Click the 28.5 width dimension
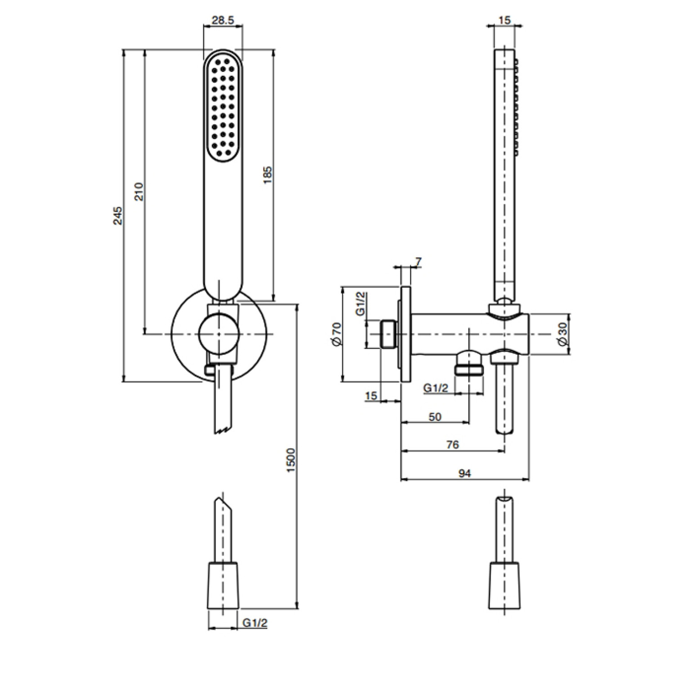pyautogui.click(x=223, y=21)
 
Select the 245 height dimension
pyautogui.click(x=118, y=216)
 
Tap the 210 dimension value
pyautogui.click(x=139, y=192)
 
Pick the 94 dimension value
pyautogui.click(x=465, y=473)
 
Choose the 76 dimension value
pyautogui.click(x=453, y=444)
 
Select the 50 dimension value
pyautogui.click(x=435, y=417)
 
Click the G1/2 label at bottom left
pyautogui.click(x=255, y=623)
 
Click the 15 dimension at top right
pyautogui.click(x=505, y=20)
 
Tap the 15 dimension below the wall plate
pyautogui.click(x=371, y=396)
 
